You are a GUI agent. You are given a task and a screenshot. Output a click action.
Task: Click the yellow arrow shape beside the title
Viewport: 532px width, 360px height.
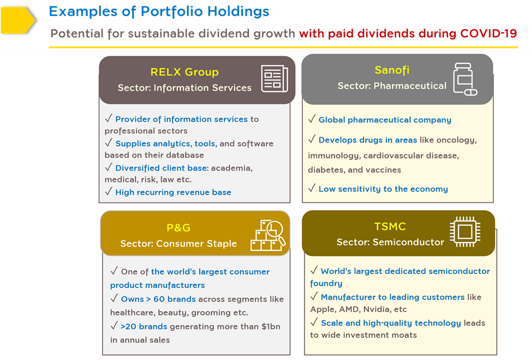[17, 20]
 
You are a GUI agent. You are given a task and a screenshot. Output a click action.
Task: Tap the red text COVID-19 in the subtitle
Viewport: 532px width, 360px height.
[488, 33]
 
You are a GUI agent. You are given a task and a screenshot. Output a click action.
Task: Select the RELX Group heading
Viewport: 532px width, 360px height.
[185, 72]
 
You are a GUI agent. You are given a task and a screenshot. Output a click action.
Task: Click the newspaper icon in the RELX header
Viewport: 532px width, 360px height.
[275, 79]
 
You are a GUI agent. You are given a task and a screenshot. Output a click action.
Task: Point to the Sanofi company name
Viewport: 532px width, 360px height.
[392, 70]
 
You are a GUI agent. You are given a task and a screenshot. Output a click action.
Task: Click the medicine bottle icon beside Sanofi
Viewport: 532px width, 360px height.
[465, 79]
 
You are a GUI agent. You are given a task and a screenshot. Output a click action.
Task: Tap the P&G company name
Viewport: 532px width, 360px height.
[178, 228]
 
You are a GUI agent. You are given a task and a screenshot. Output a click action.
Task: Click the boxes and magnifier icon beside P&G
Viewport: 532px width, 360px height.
[268, 235]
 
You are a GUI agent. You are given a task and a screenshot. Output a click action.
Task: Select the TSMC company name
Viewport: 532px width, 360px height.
[390, 227]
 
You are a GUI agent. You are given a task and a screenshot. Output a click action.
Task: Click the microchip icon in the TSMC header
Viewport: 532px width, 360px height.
[465, 232]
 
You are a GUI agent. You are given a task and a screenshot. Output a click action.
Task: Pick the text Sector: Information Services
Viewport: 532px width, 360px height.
[185, 88]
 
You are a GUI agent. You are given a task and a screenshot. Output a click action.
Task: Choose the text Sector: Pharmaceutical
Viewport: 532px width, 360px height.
[392, 86]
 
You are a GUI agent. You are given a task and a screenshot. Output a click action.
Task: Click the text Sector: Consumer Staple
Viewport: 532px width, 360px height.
[178, 244]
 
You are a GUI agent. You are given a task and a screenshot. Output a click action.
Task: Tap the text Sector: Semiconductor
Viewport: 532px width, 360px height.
[390, 243]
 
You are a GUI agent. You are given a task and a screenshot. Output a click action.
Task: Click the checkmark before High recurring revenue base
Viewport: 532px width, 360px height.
[108, 191]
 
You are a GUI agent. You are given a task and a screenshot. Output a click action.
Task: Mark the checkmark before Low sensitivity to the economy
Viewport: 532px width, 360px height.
[312, 188]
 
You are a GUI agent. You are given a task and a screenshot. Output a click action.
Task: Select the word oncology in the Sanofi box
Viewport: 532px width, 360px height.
[457, 140]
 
